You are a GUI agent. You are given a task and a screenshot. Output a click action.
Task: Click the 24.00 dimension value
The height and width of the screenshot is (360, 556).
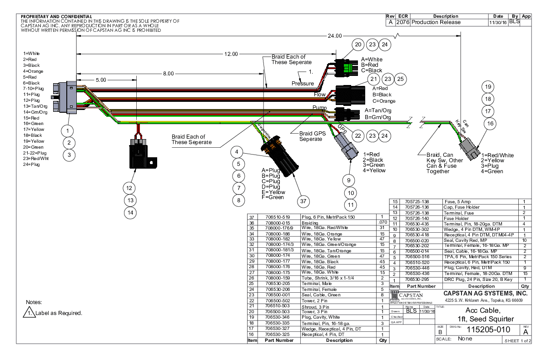tap(335, 36)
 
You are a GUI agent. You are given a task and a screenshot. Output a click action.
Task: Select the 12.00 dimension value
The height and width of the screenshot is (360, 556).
tap(231, 54)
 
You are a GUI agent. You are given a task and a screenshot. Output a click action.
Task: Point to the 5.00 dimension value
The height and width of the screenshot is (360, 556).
tap(101, 80)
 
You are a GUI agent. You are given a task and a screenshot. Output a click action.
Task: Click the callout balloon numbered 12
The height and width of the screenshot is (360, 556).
tap(130, 188)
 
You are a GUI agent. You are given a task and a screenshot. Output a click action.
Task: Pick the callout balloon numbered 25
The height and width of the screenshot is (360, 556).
tap(400, 80)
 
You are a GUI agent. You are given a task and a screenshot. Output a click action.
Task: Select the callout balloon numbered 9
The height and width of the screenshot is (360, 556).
tap(348, 180)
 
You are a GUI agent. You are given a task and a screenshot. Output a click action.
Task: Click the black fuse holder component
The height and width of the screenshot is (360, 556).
tap(139, 152)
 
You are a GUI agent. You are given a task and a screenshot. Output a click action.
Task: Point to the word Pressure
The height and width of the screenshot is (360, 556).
tap(303, 84)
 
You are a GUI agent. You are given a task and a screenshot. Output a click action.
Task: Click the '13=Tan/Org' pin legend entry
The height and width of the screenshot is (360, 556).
tap(35, 106)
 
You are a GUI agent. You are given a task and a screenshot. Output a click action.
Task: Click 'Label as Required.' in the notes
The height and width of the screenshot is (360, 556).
tap(59, 313)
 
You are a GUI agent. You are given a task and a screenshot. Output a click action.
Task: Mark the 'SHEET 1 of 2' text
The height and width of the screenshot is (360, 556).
tap(516, 340)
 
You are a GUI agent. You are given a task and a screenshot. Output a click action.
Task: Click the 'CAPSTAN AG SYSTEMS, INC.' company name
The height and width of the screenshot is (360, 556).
tap(487, 294)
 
